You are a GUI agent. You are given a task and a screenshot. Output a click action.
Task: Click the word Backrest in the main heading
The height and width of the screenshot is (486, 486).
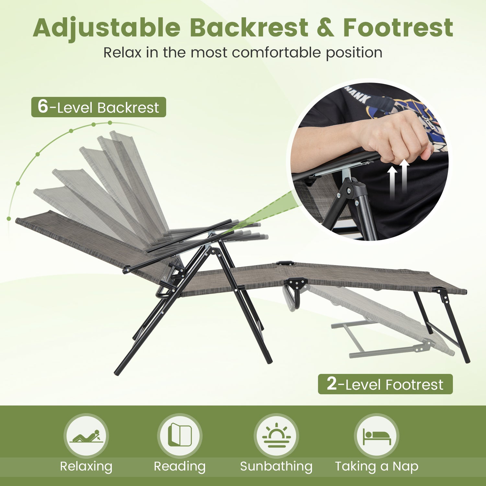coord(249,28)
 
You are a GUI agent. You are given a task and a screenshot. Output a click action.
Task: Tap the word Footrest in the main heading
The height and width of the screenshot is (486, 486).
coord(398,28)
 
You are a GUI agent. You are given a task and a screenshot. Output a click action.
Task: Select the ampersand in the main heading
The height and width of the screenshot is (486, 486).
coord(325,28)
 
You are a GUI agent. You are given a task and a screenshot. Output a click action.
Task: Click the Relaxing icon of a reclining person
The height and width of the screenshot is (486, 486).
coord(86,436)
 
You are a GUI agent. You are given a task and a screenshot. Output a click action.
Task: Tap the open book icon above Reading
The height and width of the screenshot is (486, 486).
coord(180,435)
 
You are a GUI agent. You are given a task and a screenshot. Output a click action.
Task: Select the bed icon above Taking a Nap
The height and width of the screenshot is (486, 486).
coord(376,436)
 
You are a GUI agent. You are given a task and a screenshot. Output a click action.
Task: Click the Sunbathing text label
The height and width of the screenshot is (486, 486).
coord(276,467)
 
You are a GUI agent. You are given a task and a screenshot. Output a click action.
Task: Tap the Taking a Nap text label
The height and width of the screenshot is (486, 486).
coord(376,467)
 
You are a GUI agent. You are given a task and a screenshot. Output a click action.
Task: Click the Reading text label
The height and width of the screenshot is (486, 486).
coord(180,467)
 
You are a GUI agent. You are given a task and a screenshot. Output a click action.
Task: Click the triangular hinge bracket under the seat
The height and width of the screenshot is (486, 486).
coord(297,284)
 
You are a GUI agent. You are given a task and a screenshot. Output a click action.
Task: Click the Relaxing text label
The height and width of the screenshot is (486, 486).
coord(86,467)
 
